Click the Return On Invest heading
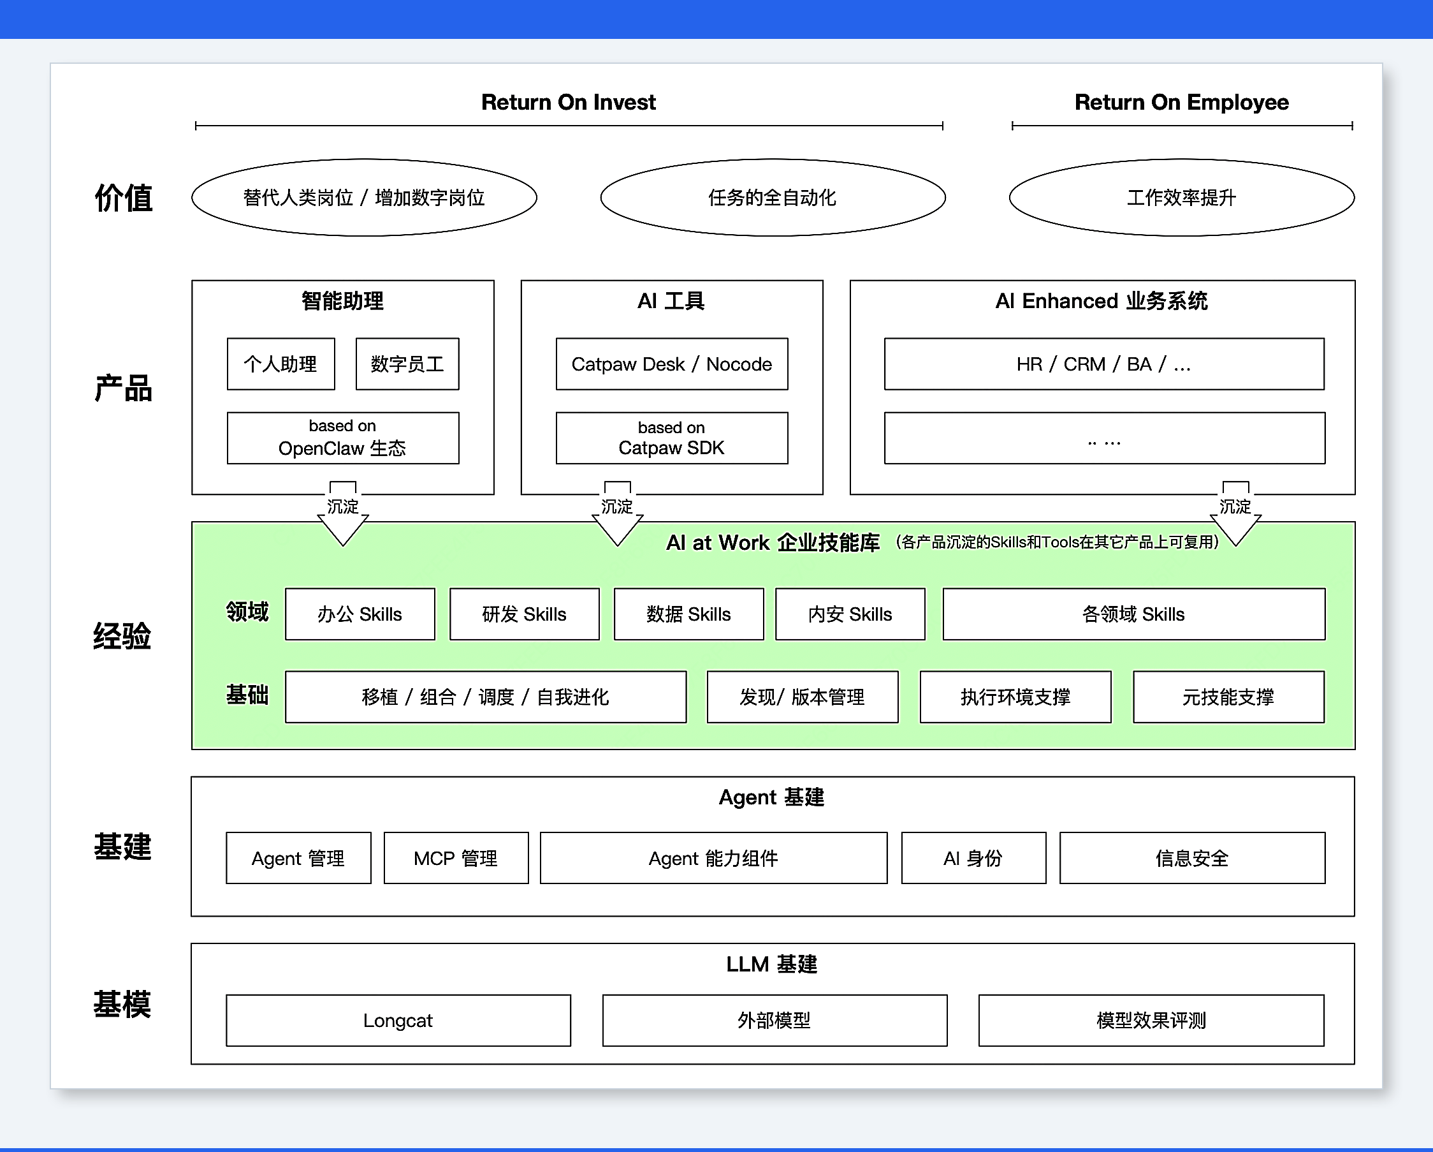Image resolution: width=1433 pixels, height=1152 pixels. click(x=568, y=102)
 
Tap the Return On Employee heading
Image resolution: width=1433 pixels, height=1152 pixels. click(x=1181, y=102)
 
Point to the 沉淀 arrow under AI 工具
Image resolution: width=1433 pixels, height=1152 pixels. click(x=618, y=513)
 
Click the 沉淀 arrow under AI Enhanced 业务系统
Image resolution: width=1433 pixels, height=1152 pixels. click(x=1235, y=513)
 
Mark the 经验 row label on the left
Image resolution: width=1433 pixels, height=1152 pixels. click(x=122, y=636)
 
